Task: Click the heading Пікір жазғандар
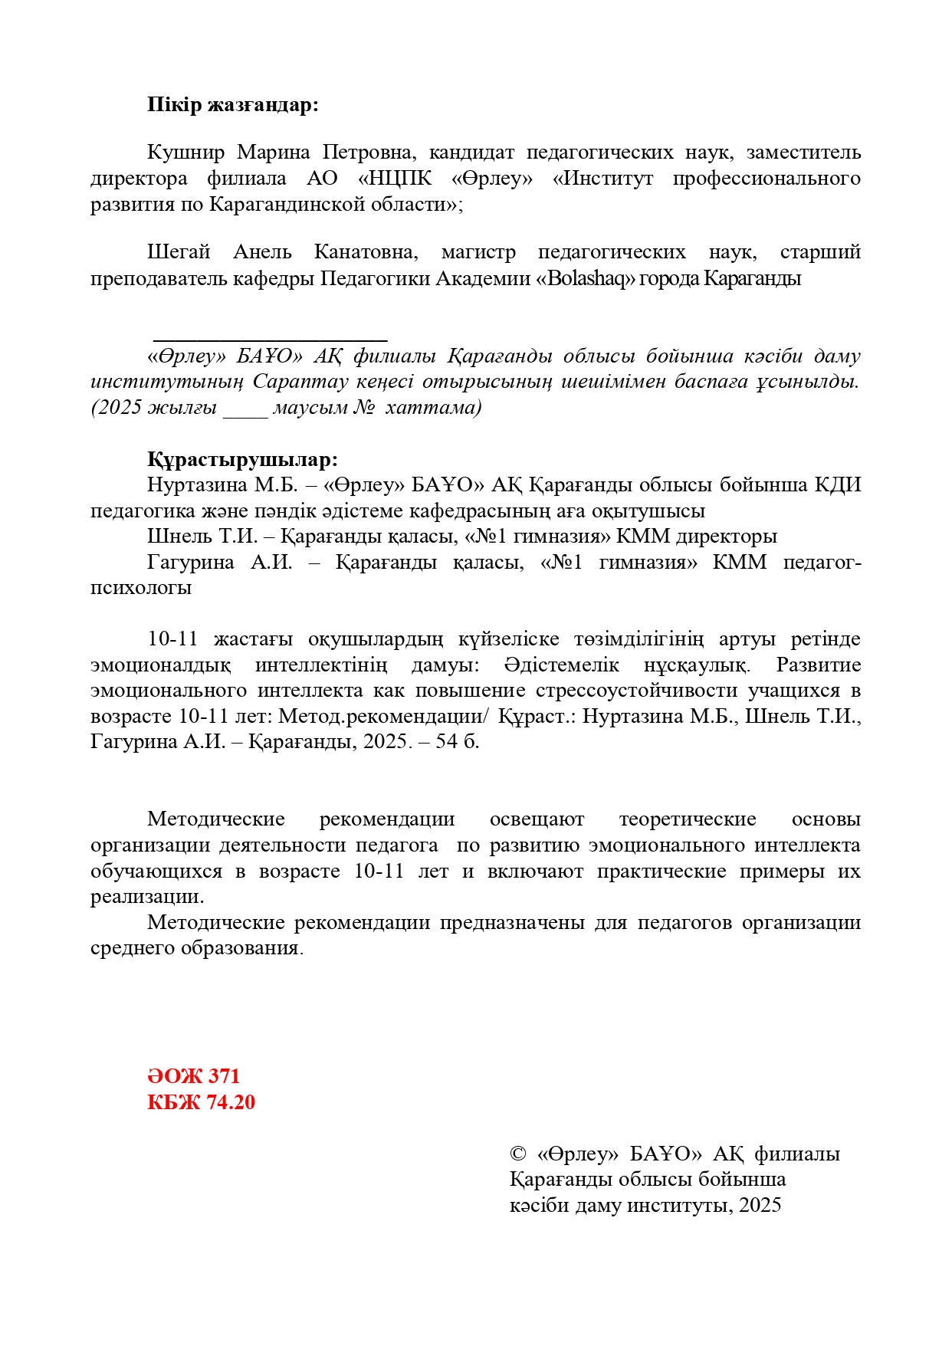(232, 105)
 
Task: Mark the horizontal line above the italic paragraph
(271, 338)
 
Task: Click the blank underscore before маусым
(245, 409)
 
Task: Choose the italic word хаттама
(433, 407)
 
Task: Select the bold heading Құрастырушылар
(242, 460)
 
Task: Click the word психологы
(141, 588)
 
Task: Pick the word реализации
(146, 897)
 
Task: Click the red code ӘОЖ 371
(193, 1077)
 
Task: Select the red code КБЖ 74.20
(201, 1103)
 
